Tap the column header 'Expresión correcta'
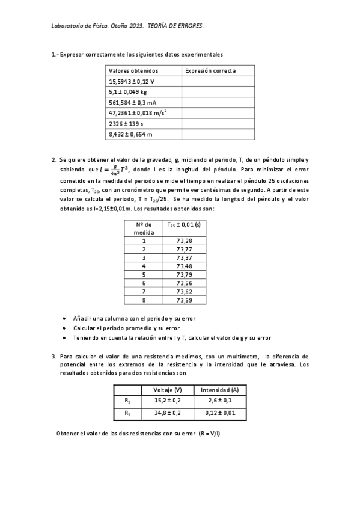coord(210,70)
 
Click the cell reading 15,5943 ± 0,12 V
coord(132,81)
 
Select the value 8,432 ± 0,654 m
coord(130,134)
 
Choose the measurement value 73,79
coord(184,274)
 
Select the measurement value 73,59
coord(184,300)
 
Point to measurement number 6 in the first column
coord(144,283)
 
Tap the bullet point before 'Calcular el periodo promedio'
coord(65,328)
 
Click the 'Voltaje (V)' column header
coord(168,389)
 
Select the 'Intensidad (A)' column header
coord(219,389)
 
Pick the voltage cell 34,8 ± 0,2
coord(168,413)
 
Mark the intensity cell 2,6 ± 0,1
coord(219,400)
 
